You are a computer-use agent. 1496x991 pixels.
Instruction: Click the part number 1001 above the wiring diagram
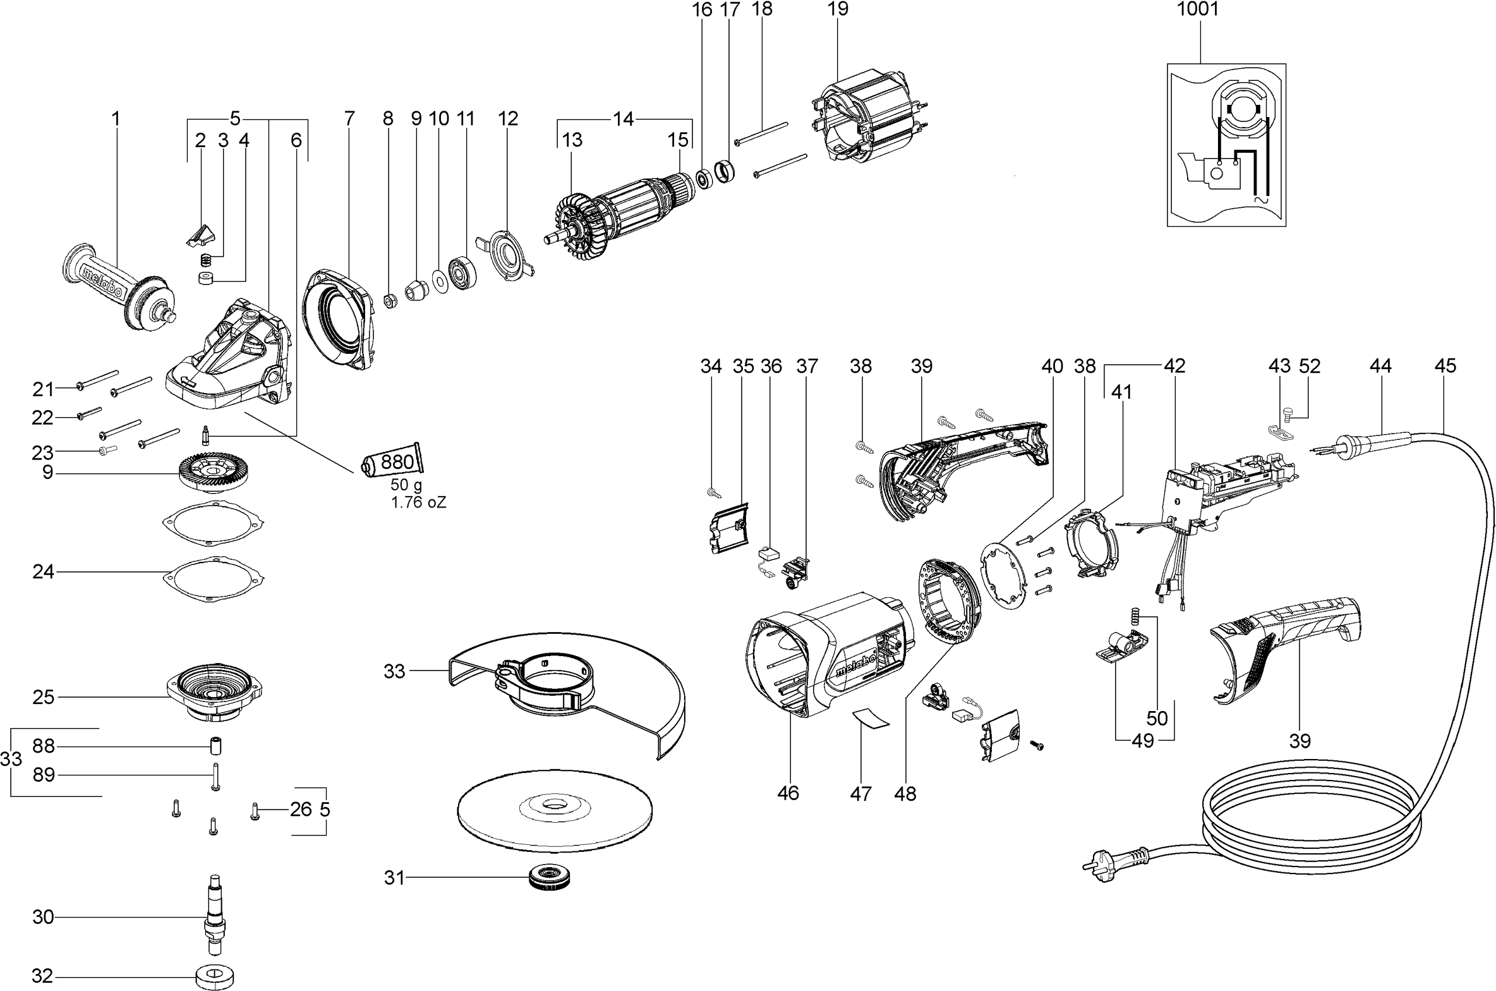pyautogui.click(x=1198, y=9)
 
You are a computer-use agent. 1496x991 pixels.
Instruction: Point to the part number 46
pyautogui.click(x=788, y=793)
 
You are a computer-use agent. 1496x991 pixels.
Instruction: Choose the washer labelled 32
pyautogui.click(x=213, y=973)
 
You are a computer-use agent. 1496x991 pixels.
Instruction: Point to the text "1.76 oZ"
pyautogui.click(x=418, y=503)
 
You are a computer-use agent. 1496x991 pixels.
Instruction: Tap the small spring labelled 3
pyautogui.click(x=205, y=259)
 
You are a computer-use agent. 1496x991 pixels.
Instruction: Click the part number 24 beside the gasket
pyautogui.click(x=43, y=572)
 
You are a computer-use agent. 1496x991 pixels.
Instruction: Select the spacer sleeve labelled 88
pyautogui.click(x=215, y=746)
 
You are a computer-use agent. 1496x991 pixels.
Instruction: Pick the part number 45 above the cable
pyautogui.click(x=1445, y=366)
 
